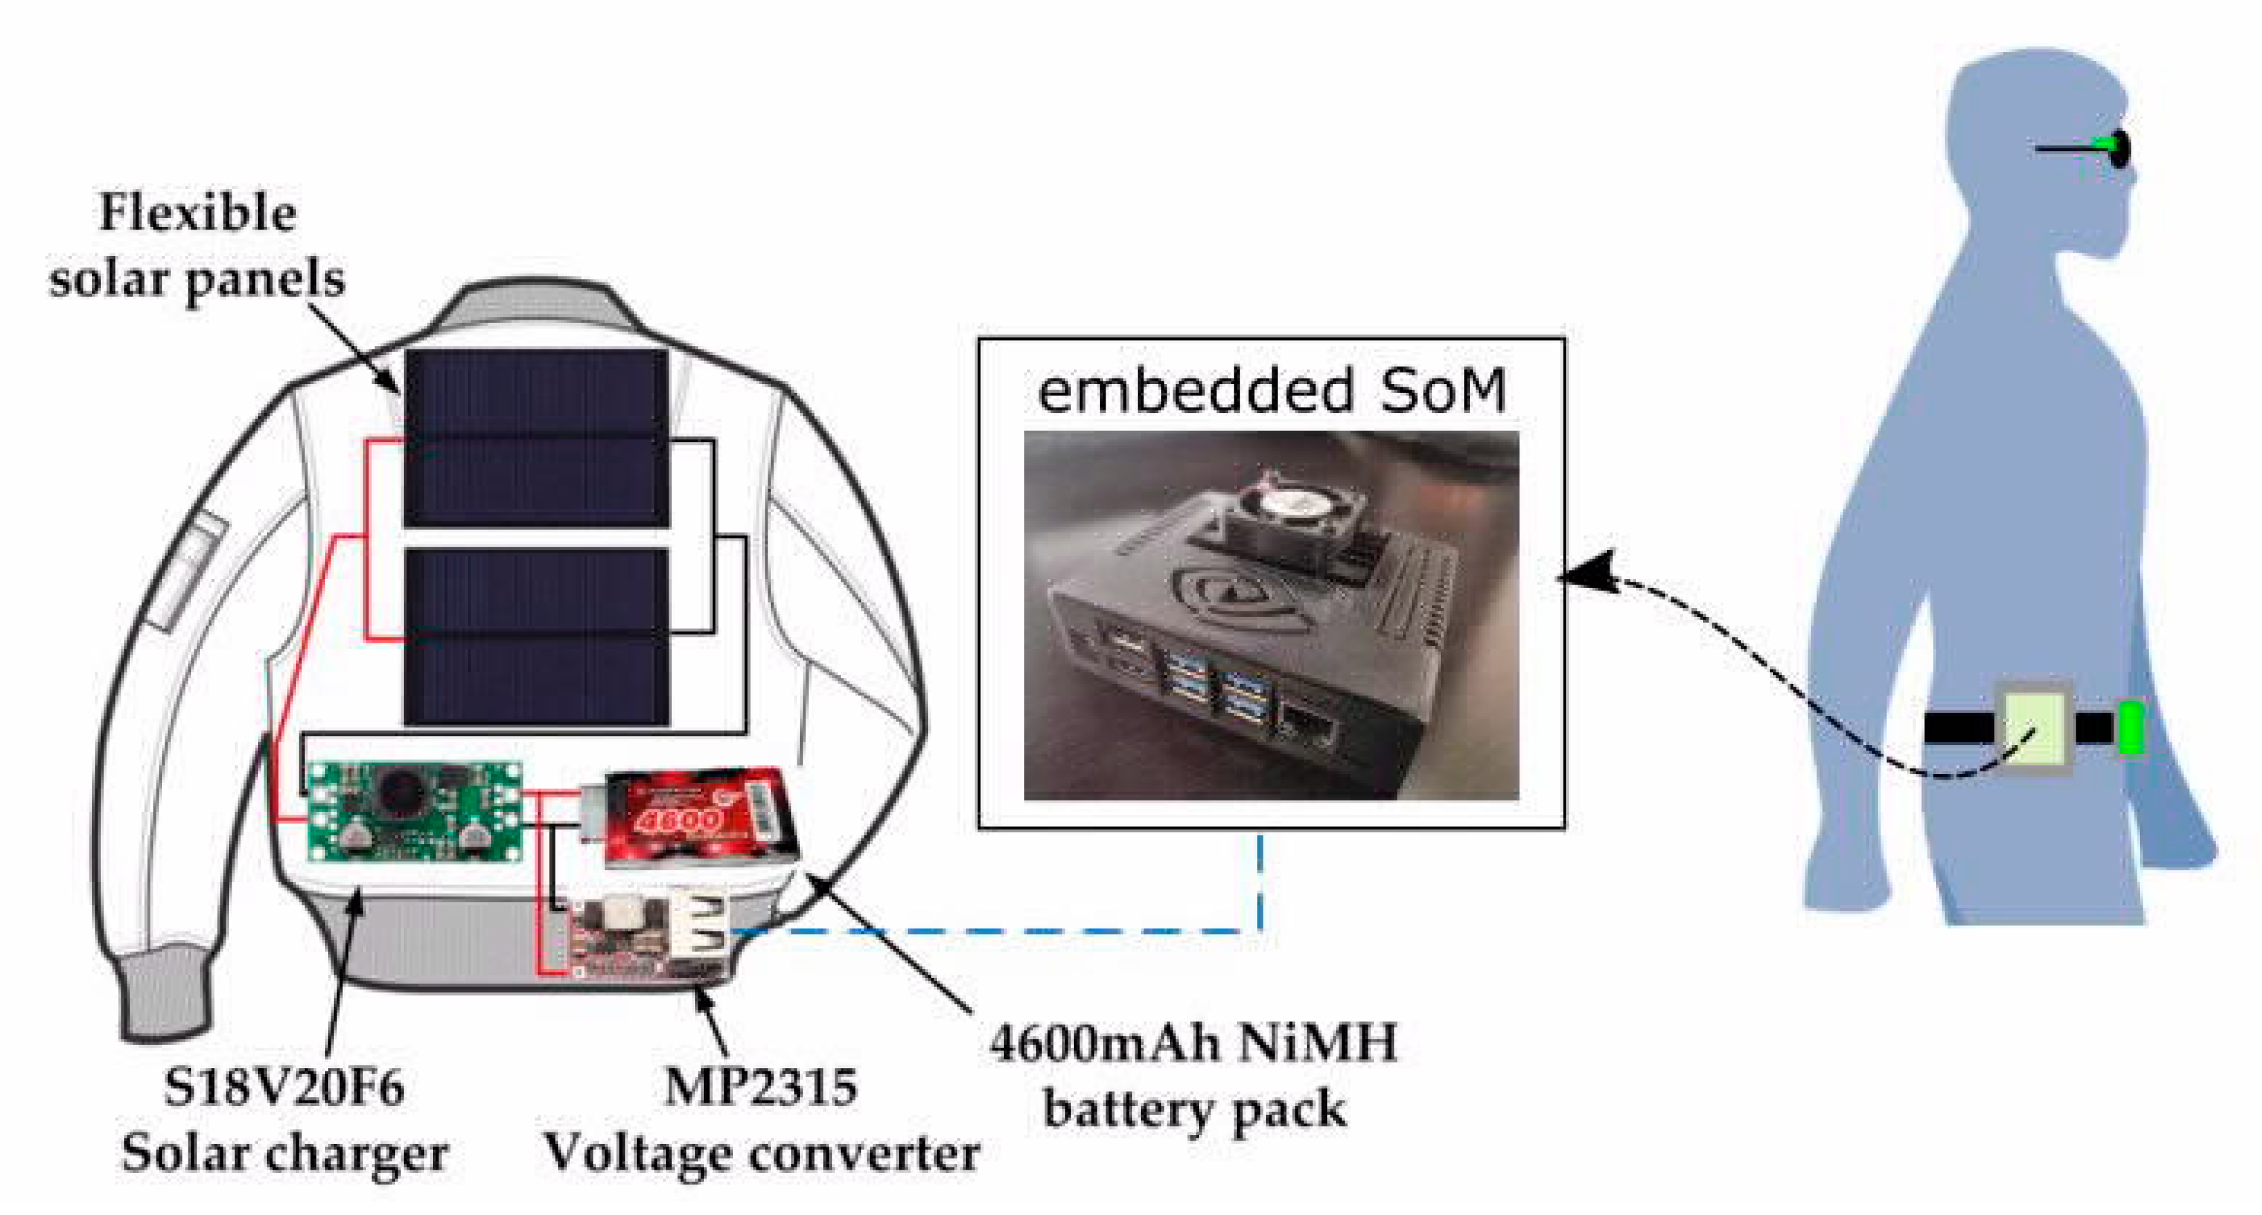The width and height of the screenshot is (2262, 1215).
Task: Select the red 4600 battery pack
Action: [703, 817]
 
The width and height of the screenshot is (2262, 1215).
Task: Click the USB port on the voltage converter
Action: [702, 931]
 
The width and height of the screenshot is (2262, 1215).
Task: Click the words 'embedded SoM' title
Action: [1272, 391]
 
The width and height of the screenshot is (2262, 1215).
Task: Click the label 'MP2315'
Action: [761, 1088]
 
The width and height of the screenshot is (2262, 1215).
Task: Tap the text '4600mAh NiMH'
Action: [1192, 1046]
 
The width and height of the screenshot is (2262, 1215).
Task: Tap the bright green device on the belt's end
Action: [2131, 727]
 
